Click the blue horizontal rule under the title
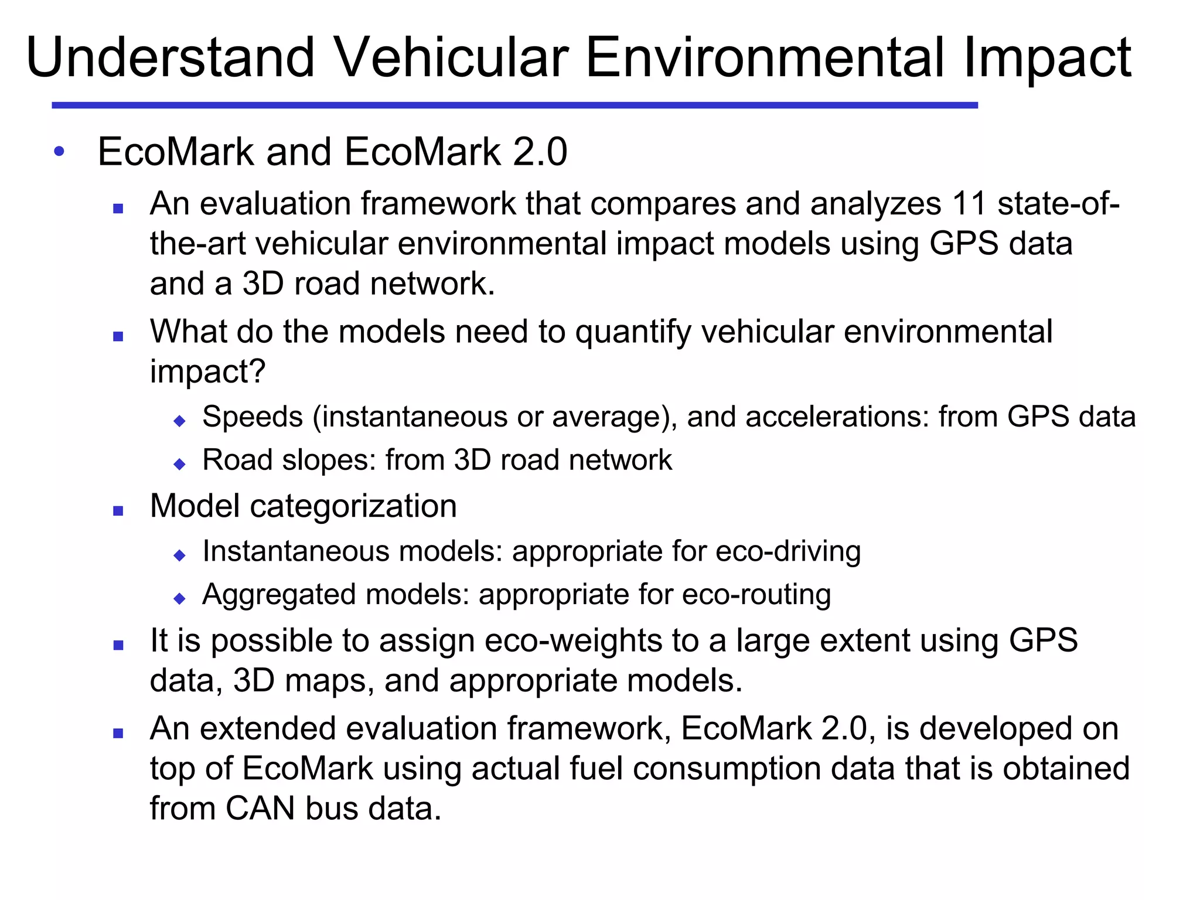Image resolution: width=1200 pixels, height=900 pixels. (514, 105)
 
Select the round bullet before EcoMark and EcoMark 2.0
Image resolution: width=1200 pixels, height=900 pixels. (59, 151)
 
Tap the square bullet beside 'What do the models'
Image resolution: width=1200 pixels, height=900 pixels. (118, 336)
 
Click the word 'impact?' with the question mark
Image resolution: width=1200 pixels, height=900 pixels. (207, 371)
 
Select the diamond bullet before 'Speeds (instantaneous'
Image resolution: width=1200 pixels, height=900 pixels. (180, 421)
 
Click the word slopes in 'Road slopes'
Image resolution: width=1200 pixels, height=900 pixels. (329, 460)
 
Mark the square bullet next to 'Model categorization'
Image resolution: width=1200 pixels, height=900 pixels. (118, 511)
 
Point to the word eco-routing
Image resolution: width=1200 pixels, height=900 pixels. (756, 595)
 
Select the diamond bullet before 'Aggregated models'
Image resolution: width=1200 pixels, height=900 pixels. (180, 599)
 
